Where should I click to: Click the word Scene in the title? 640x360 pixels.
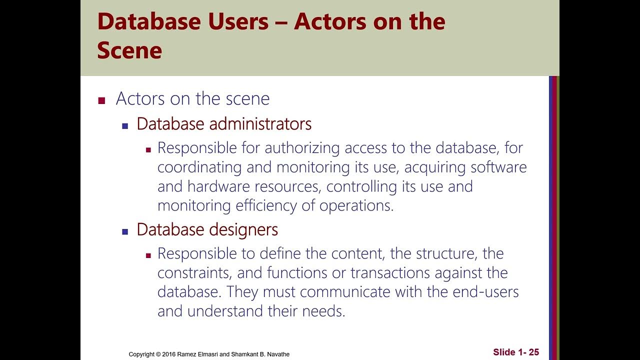click(129, 50)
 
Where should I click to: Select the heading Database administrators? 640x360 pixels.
click(224, 124)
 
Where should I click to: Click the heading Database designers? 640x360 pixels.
click(207, 229)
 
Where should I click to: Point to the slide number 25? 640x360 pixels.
click(533, 352)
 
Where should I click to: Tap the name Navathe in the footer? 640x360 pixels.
click(278, 354)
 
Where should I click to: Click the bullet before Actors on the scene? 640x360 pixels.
click(102, 100)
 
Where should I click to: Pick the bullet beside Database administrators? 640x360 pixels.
click(125, 125)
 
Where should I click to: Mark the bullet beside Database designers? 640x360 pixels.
click(125, 231)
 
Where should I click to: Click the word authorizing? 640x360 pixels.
click(297, 148)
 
